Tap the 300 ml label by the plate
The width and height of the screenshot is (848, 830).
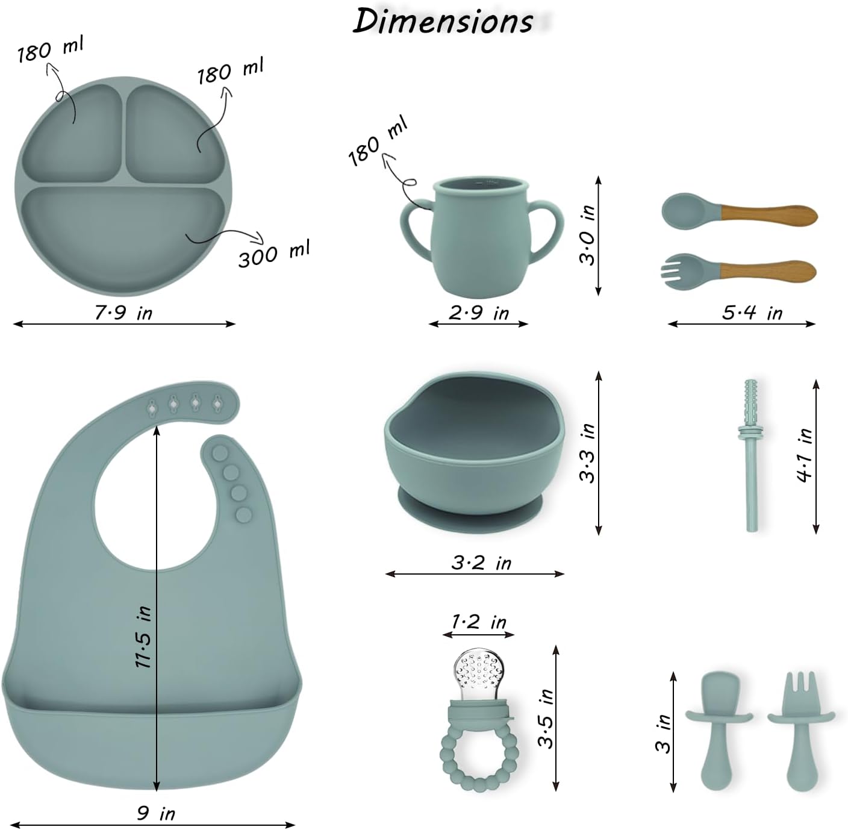[x=274, y=253]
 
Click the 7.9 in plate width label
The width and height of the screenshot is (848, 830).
[x=123, y=313]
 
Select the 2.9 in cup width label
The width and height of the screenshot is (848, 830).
[x=479, y=313]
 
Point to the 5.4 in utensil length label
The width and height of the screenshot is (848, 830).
[x=752, y=313]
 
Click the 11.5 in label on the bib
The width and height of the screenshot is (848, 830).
[x=144, y=637]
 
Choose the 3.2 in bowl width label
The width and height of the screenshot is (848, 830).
[x=481, y=563]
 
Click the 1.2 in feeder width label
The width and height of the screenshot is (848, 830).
[x=479, y=622]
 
